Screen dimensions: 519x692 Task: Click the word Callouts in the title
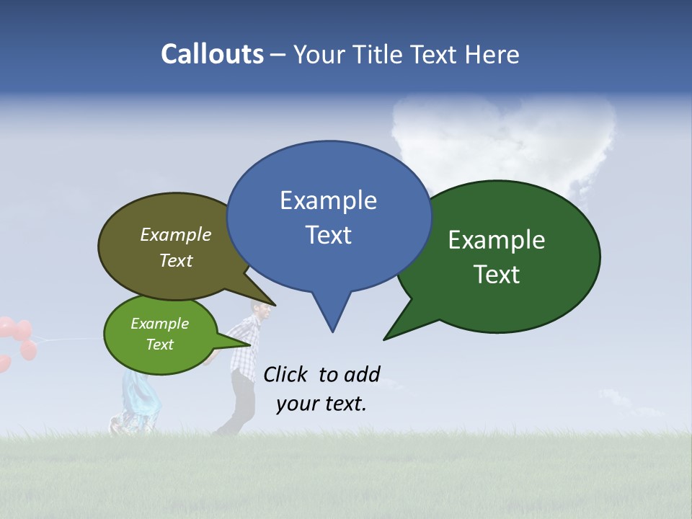[x=212, y=54]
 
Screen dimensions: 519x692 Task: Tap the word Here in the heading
[x=492, y=54]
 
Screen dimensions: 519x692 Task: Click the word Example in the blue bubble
[x=328, y=200]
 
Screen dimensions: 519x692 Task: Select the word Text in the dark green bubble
[x=497, y=275]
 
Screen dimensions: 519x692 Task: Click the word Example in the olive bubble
[x=175, y=234]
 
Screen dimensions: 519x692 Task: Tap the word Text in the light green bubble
[x=159, y=345]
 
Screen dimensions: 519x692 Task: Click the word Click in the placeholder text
[x=286, y=374]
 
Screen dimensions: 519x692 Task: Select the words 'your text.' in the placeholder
[x=321, y=404]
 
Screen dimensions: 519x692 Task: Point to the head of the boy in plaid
[x=261, y=311]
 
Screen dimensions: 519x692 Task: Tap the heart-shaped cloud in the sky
[x=505, y=141]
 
